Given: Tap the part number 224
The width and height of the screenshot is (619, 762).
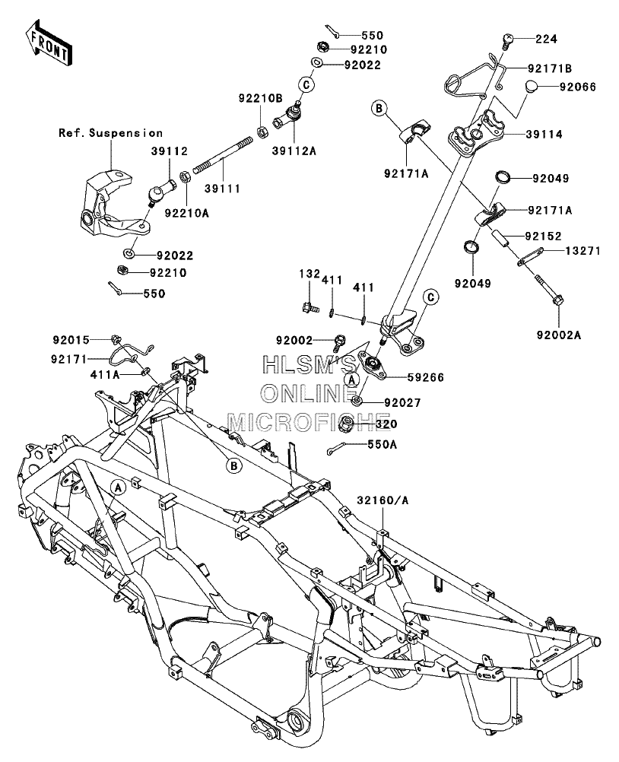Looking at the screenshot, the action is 546,39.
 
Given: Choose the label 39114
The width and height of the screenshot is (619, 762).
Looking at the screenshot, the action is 544,134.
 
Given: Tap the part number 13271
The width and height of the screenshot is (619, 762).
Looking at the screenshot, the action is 582,251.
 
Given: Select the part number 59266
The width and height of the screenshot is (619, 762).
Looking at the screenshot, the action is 426,377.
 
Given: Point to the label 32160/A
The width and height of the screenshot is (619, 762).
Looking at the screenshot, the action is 383,500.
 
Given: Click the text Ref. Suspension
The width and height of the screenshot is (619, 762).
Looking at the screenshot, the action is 111,132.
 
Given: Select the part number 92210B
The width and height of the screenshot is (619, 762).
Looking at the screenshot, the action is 260,98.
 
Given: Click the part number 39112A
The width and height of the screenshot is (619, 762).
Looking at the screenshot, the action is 294,151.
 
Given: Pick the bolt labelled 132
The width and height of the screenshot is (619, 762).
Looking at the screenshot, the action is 309,307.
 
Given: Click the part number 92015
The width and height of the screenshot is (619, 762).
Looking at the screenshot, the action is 71,340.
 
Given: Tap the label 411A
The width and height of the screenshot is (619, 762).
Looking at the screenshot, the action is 105,375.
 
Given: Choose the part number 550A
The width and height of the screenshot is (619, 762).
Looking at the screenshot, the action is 383,444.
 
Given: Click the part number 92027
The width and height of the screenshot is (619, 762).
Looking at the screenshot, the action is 402,402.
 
